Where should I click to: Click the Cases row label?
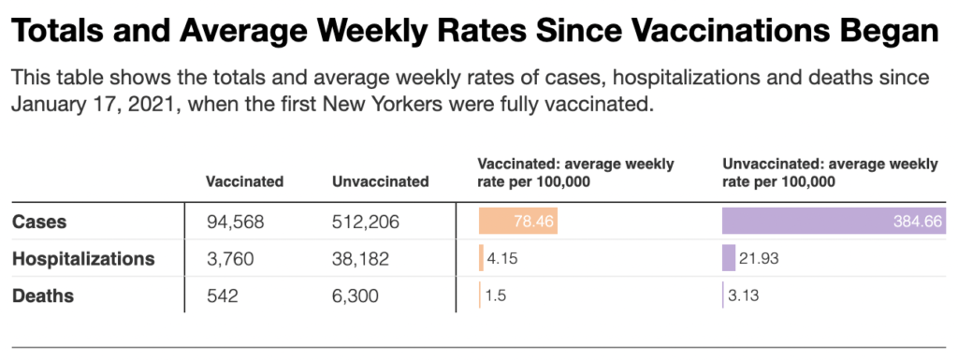tap(39, 222)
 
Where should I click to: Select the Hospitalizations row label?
tap(83, 259)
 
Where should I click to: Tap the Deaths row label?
tap(43, 295)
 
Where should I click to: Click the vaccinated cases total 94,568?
tap(235, 223)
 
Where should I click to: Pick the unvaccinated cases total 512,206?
tap(366, 223)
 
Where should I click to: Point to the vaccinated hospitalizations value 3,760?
tap(230, 259)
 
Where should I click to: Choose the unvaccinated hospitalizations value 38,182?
tap(360, 259)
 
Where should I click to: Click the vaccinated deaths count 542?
tap(223, 296)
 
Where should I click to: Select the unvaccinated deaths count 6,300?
tap(356, 296)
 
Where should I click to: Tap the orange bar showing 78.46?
tap(518, 221)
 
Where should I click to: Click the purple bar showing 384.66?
tap(834, 221)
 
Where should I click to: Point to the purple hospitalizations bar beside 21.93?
tap(729, 258)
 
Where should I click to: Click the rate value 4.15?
tap(502, 259)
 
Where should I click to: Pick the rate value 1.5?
tap(496, 295)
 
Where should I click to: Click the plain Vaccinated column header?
tap(244, 181)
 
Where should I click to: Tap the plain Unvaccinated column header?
tap(380, 181)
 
